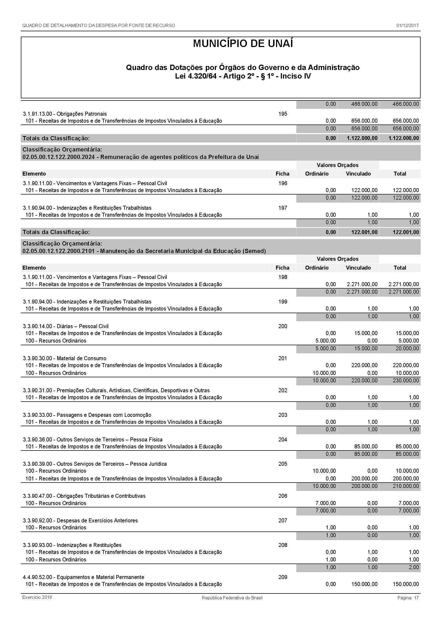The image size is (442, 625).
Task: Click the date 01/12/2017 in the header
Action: (x=407, y=26)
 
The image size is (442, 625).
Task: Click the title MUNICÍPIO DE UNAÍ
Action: (x=243, y=44)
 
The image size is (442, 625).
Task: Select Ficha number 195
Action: (x=283, y=114)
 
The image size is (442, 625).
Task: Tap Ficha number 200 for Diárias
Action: (x=283, y=326)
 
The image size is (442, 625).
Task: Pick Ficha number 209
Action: (x=283, y=577)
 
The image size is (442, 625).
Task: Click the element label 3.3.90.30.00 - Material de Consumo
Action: (x=64, y=358)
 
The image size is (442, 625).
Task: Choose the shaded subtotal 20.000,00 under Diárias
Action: (x=407, y=348)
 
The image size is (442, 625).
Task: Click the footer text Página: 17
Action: (x=408, y=598)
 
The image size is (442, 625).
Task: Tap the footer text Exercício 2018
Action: (x=37, y=597)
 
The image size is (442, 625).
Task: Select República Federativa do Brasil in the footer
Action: (x=232, y=598)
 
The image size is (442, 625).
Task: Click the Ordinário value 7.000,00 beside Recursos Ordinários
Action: (x=325, y=503)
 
